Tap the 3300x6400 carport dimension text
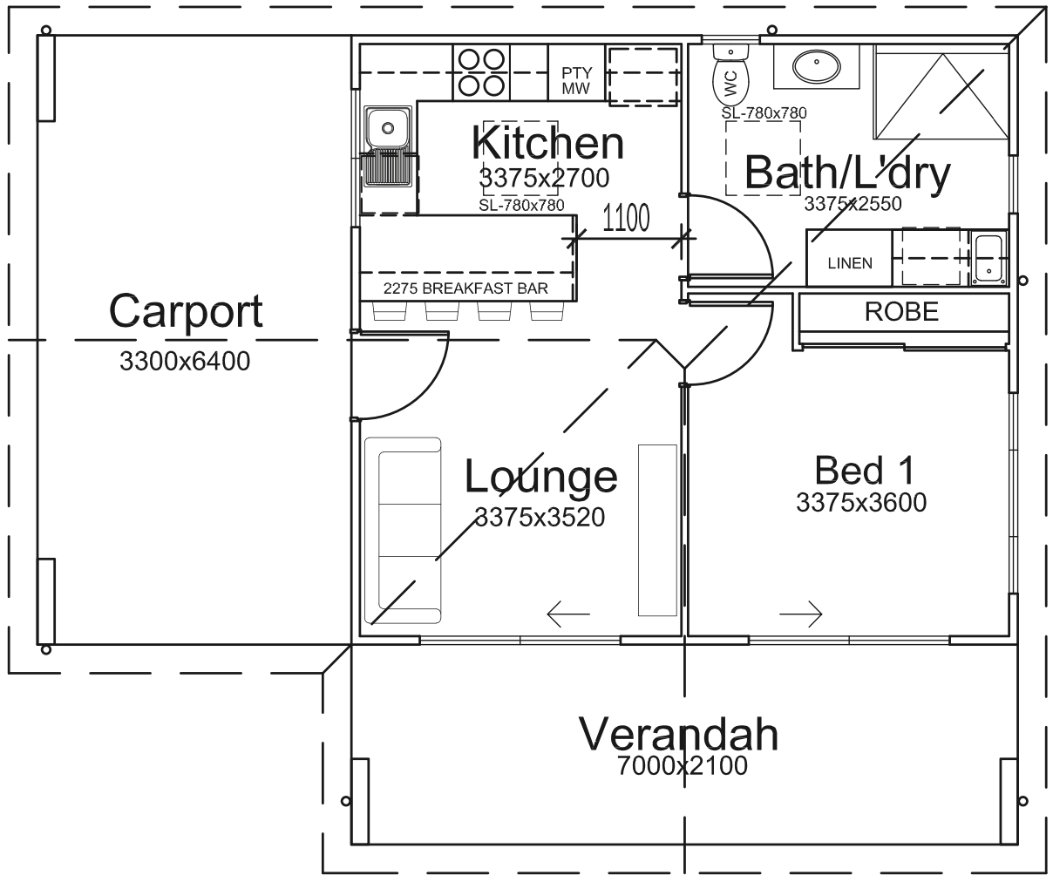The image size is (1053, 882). [185, 361]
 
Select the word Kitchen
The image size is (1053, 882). [547, 143]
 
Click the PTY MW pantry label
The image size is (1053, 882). [576, 80]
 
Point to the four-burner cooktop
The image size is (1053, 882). [482, 72]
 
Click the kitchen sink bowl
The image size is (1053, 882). [387, 128]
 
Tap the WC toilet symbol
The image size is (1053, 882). [730, 77]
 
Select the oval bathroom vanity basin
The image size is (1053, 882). [817, 66]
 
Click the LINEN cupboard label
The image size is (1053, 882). [850, 262]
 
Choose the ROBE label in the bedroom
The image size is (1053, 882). [901, 312]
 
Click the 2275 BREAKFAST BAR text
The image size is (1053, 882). [465, 288]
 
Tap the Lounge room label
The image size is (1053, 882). [540, 477]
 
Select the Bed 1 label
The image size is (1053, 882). [865, 470]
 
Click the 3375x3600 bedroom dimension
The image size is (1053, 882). [861, 502]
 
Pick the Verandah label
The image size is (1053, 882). [678, 734]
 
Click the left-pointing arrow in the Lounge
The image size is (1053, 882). [568, 614]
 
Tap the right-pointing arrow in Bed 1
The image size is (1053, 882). [801, 614]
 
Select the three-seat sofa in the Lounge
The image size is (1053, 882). [403, 531]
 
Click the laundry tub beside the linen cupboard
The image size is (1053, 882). [989, 259]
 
